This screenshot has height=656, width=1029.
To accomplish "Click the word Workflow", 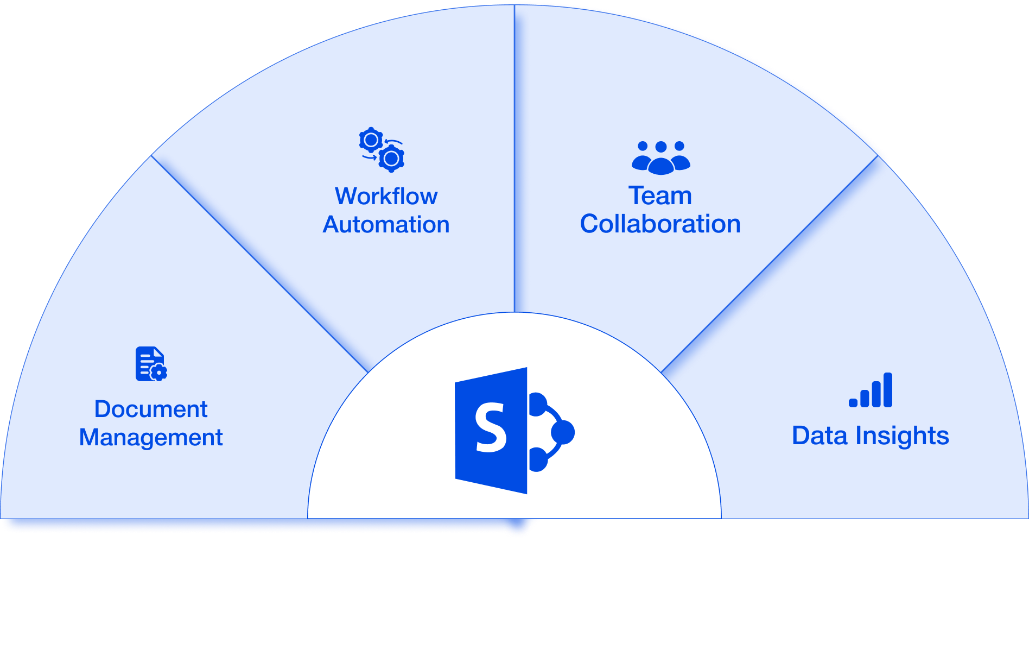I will pyautogui.click(x=386, y=196).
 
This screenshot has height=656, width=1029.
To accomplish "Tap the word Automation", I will pyautogui.click(x=386, y=225).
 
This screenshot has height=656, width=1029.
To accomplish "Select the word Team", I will pyautogui.click(x=660, y=195).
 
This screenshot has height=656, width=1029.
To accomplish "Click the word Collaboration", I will pyautogui.click(x=660, y=224).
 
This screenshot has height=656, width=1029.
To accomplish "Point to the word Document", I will pyautogui.click(x=151, y=409).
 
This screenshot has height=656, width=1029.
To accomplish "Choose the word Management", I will pyautogui.click(x=151, y=438).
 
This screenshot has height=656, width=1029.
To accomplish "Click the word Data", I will pyautogui.click(x=819, y=436).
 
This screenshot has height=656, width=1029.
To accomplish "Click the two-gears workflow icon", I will pyautogui.click(x=382, y=150).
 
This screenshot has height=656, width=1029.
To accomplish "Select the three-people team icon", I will pyautogui.click(x=660, y=158).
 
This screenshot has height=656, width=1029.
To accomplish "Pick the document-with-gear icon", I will pyautogui.click(x=151, y=364).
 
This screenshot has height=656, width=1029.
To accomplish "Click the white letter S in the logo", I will pyautogui.click(x=491, y=428).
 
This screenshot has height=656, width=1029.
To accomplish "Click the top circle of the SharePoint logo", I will pyautogui.click(x=537, y=405).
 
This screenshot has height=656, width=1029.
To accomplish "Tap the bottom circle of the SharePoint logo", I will pyautogui.click(x=537, y=460).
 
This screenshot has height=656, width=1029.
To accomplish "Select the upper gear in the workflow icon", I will pyautogui.click(x=371, y=141).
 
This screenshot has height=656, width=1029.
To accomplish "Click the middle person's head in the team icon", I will pyautogui.click(x=660, y=147).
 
